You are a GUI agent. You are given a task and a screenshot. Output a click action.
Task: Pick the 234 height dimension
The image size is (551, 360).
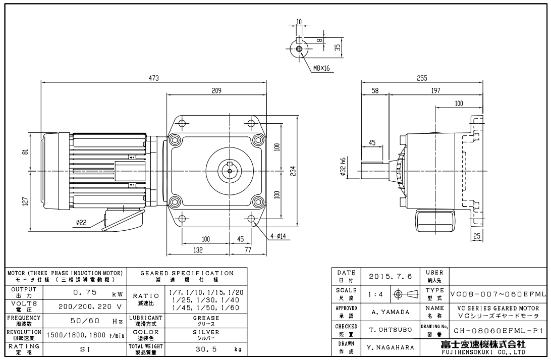293,171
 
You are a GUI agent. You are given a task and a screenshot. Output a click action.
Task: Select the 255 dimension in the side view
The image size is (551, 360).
422,78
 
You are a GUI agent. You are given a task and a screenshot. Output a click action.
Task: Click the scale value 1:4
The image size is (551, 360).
374,294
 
